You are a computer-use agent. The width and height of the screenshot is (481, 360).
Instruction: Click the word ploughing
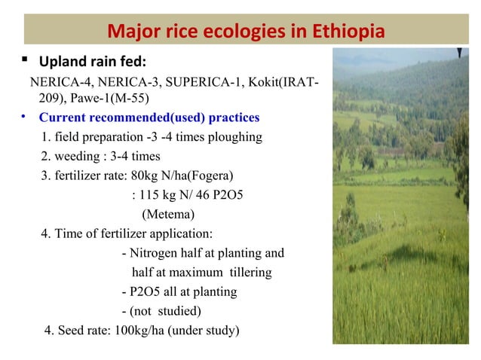point(235,138)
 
